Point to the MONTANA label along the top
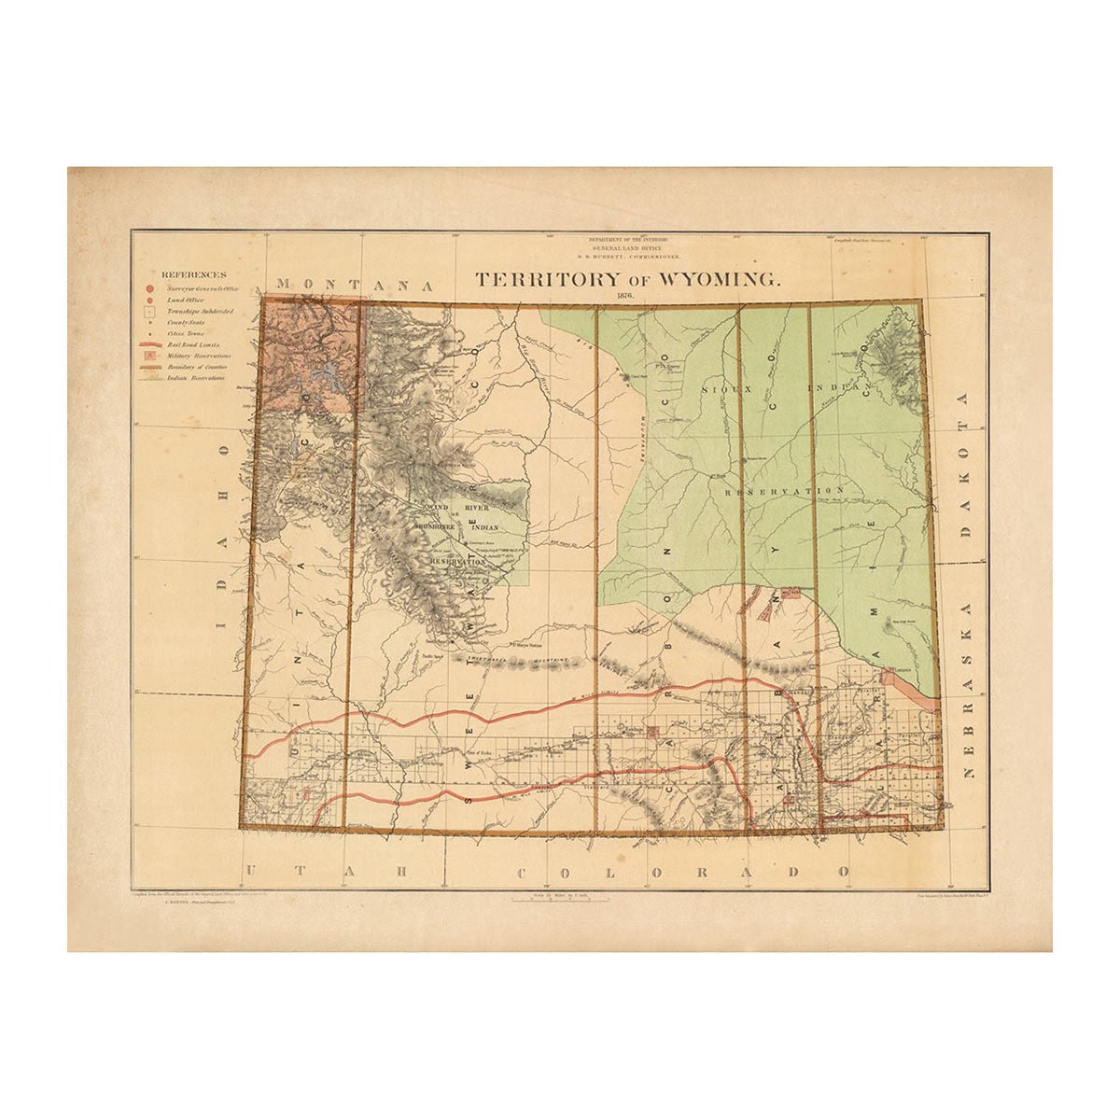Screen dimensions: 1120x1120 coord(356,284)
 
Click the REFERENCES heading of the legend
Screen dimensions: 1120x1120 coord(193,274)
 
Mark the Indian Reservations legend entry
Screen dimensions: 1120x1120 coord(197,378)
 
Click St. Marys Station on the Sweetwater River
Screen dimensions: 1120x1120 coord(527,643)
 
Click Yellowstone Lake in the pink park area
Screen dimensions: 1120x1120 coord(328,378)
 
